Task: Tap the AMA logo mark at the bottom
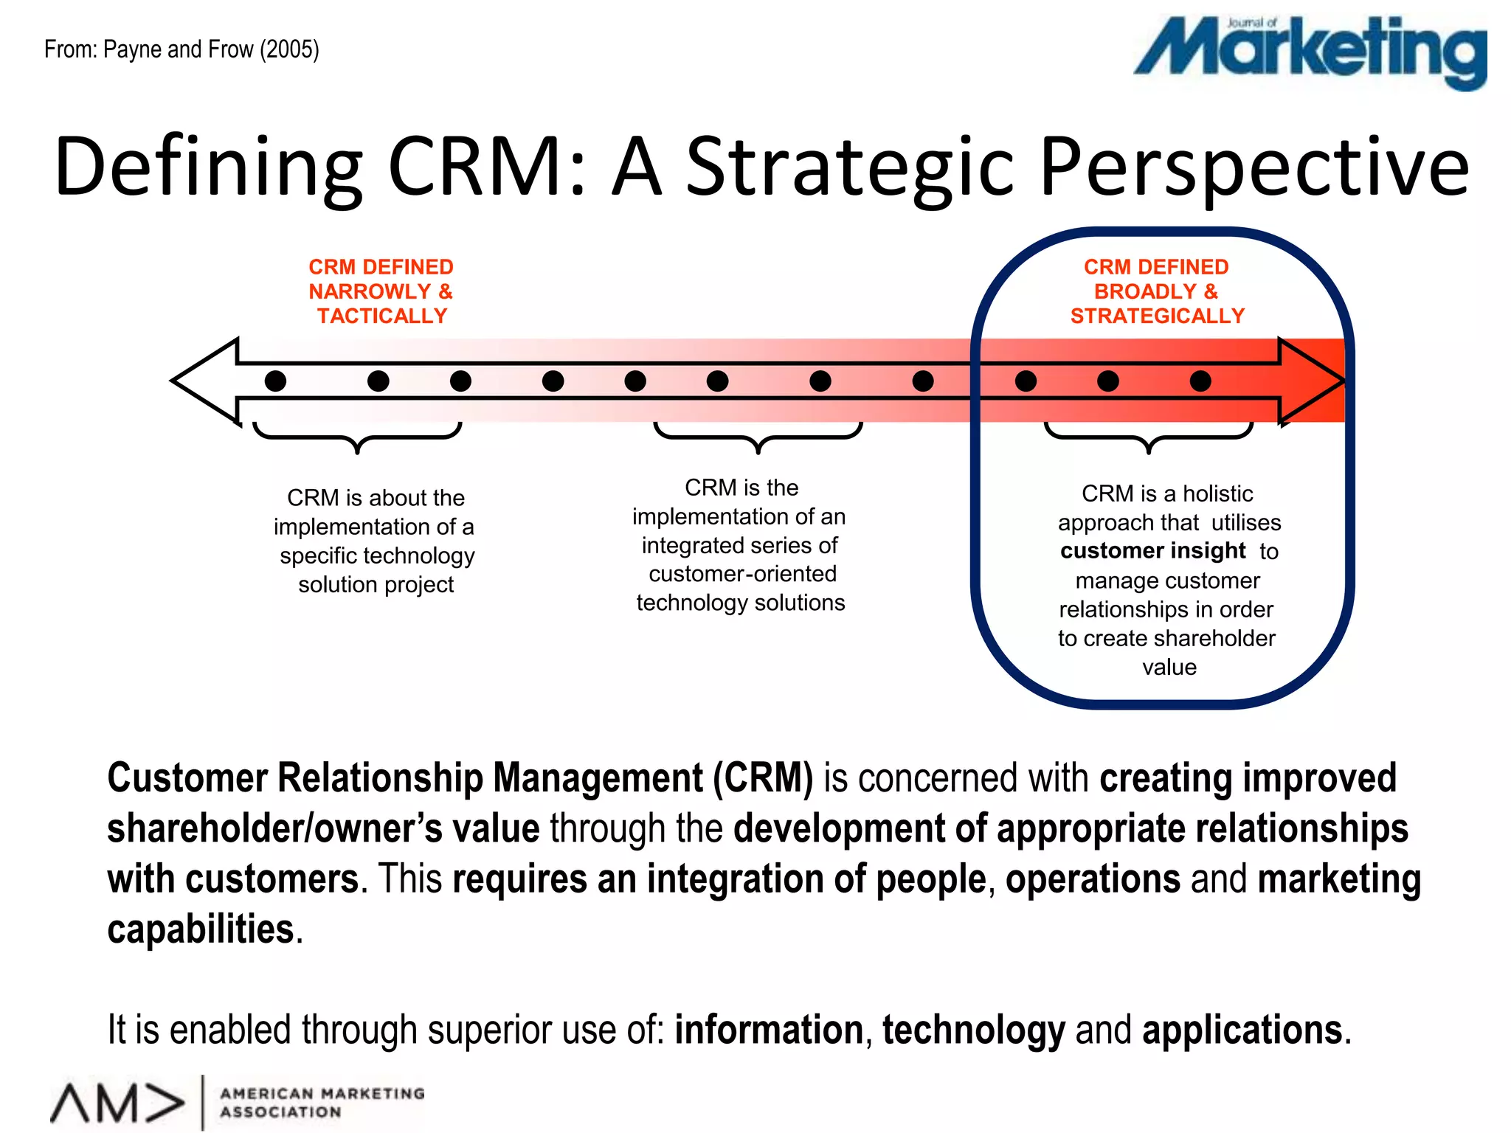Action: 118,1103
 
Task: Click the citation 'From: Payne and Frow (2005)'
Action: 181,49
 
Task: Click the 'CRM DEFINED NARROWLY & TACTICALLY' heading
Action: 381,291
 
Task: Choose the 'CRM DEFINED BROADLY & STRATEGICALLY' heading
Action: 1157,291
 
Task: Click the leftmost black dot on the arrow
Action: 275,381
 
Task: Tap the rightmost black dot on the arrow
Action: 1200,381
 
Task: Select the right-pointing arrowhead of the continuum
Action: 1310,381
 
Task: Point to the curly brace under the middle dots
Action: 758,435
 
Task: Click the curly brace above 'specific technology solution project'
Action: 357,435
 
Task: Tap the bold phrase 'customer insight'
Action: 1152,551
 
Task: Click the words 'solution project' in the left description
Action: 376,584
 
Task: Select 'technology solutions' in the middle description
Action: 741,603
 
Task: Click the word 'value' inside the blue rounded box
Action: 1169,667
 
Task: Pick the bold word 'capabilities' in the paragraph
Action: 201,929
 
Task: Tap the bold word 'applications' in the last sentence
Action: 1242,1030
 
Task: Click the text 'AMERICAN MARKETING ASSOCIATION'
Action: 322,1102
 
